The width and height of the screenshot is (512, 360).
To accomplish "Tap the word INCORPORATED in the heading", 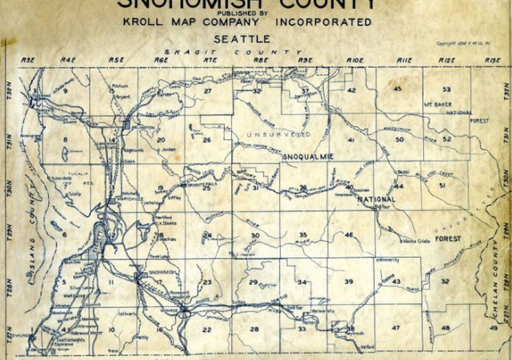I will coord(330,22).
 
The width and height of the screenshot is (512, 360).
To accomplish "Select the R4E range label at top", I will coord(73,61).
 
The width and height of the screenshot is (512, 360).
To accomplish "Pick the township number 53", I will coord(446,90).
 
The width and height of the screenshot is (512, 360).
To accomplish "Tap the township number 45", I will coord(398,88).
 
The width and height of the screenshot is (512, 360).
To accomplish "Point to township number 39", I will coord(349,282).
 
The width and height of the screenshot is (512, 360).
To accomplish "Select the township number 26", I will coord(206,141).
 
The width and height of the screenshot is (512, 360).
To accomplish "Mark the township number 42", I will coord(351,90).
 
